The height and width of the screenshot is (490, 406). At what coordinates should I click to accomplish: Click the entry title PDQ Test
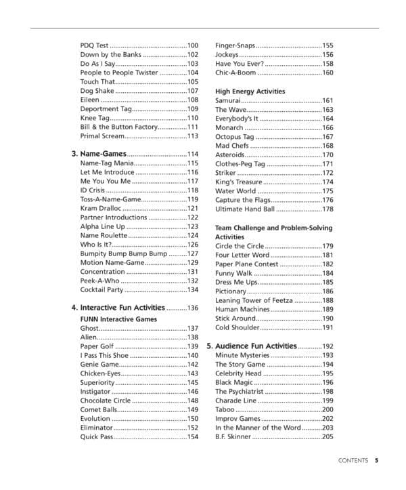(x=94, y=45)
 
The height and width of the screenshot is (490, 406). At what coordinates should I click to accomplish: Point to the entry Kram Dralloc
(x=101, y=208)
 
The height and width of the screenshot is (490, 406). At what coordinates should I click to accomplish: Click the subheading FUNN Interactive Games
(x=118, y=319)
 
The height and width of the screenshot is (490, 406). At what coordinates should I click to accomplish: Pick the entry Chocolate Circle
(x=106, y=401)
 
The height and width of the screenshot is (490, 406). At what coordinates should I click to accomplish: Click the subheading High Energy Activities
(x=250, y=91)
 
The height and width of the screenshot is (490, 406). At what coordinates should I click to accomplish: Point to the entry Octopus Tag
(x=234, y=136)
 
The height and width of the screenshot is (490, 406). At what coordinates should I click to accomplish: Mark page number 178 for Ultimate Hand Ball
(x=328, y=209)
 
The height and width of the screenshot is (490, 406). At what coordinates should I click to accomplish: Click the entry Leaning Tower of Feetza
(x=255, y=300)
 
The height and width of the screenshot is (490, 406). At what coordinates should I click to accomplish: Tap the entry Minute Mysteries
(x=242, y=355)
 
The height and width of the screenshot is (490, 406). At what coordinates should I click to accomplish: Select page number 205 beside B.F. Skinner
(x=328, y=437)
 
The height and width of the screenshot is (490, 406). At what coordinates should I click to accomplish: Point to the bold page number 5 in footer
(x=376, y=462)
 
